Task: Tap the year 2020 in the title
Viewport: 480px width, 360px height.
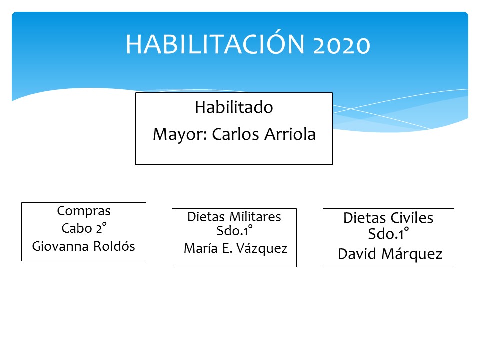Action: (342, 45)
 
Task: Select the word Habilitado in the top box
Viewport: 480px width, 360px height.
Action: (234, 107)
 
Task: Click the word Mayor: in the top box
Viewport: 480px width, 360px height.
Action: (180, 134)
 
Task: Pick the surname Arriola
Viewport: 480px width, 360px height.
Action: (290, 134)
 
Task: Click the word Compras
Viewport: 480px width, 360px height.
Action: (84, 211)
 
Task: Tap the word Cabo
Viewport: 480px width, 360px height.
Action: (76, 228)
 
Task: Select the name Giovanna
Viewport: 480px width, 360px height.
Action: (60, 246)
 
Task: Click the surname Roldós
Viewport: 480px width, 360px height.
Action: (114, 246)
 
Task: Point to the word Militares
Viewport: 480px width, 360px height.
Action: (255, 217)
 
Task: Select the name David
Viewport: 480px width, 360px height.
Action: (357, 254)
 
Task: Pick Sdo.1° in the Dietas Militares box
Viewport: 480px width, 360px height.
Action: (235, 231)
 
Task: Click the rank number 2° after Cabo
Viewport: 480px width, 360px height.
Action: (101, 228)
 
